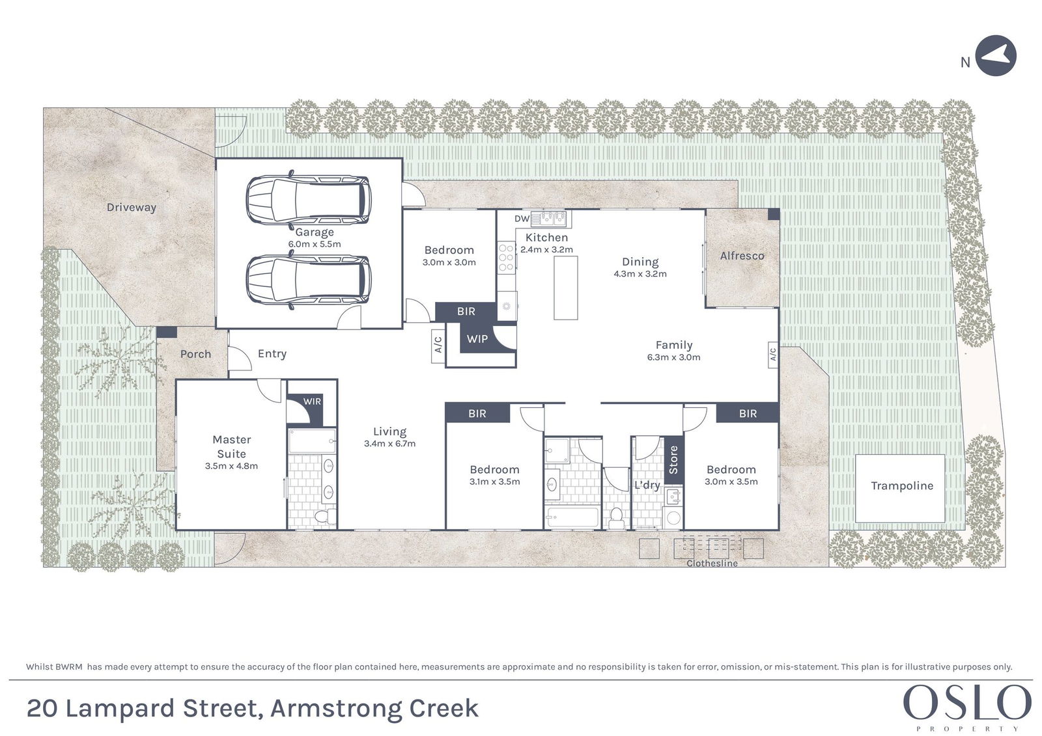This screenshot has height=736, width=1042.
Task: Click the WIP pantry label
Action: [477, 339]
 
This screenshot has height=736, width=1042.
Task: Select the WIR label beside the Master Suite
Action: [312, 402]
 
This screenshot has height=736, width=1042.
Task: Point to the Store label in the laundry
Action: [673, 459]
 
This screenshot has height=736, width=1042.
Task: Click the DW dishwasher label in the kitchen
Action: [522, 219]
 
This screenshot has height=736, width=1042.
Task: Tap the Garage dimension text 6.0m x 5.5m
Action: [315, 244]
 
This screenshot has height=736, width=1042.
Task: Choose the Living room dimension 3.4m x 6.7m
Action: [390, 444]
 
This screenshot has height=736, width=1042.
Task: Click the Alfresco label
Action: [742, 256]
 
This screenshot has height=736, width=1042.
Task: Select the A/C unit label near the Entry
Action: [438, 345]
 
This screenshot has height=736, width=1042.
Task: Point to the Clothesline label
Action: [712, 563]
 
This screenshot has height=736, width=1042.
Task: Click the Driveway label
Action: [131, 208]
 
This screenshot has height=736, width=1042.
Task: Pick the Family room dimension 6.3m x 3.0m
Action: [673, 357]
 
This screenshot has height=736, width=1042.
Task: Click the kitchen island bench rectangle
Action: [566, 288]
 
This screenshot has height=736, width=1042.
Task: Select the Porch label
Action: [195, 354]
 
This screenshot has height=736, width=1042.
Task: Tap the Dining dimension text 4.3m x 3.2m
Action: [640, 274]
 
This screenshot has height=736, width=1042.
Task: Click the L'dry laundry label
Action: [647, 485]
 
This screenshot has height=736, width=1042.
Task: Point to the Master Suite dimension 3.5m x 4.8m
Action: [231, 466]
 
